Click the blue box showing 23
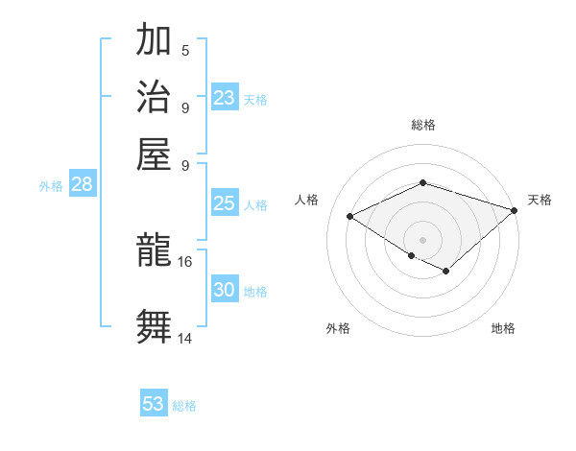225,98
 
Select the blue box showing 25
225,203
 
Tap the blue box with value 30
225,290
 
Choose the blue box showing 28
83,185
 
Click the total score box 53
154,404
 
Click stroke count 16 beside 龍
185,261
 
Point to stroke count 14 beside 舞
185,338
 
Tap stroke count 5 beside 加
185,51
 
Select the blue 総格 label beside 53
184,406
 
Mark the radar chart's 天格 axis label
540,200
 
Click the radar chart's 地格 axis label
503,328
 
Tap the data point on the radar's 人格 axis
350,216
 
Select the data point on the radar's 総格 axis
422,182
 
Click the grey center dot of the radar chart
422,238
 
